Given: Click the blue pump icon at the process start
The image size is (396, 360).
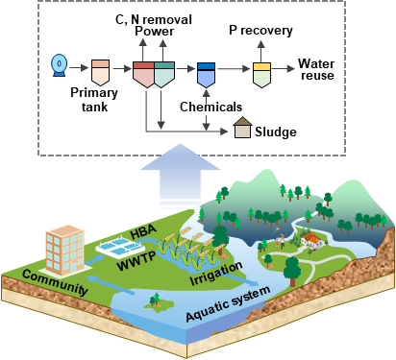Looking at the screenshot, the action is point(60,65).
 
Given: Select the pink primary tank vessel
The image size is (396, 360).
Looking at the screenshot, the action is point(100,72).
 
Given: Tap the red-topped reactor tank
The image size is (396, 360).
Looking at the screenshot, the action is point(143,75).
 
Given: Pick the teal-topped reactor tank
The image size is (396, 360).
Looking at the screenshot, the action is point(164,75).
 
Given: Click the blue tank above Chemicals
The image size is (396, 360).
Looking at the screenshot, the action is point(206,75).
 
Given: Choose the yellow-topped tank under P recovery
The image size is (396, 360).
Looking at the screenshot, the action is point(261,75).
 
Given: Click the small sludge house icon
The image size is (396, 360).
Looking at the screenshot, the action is point(242,128).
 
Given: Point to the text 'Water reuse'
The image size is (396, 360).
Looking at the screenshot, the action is point(316,69).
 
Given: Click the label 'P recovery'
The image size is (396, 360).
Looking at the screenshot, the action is point(260,31).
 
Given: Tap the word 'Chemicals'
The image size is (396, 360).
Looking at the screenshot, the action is point(210,107).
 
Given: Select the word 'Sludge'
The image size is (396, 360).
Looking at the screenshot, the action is point(276,132).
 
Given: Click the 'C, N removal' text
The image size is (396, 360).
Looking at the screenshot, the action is point(154,19).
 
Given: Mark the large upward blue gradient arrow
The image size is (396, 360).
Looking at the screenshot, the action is point(181,175).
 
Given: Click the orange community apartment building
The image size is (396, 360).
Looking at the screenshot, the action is point(65,251).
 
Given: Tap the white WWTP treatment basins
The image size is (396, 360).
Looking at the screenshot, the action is point(120,248).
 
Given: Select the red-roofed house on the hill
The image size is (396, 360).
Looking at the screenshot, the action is point(312,240).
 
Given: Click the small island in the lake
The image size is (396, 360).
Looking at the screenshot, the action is point(158,303).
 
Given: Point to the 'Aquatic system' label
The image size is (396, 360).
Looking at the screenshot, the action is point(228,303).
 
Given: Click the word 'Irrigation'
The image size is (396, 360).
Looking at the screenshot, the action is point(216,274).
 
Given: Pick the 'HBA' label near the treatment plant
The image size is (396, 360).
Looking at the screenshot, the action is point(143,231).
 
